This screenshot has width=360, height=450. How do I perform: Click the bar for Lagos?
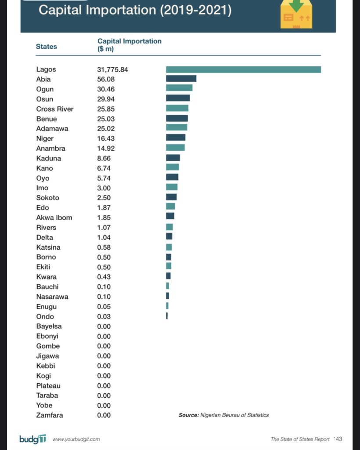pos(243,69)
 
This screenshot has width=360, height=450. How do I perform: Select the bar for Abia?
pos(181,79)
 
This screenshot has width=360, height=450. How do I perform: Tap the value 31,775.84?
pos(112,69)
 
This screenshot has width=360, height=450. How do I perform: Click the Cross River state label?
pos(55,109)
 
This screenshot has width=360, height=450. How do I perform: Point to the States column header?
pos(47,46)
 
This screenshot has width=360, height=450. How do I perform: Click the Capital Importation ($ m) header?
pos(129,45)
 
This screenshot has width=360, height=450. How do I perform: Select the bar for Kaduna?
pos(173,158)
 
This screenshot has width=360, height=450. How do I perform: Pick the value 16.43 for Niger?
pos(106,138)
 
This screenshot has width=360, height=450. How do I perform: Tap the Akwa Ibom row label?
pos(54,218)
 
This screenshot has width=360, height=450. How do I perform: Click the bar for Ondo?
pos(167,316)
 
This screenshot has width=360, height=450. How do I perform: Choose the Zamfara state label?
pos(50,415)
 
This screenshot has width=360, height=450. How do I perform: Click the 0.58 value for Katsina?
pos(104,247)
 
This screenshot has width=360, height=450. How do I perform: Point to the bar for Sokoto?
pos(171,197)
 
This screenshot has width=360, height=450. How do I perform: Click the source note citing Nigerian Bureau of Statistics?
pos(223,415)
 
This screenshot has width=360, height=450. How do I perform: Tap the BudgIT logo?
pos(32,439)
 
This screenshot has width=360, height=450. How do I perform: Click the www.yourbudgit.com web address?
pos(76,439)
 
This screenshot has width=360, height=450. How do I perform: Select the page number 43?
pos(338,439)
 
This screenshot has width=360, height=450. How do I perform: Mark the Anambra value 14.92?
pos(106,149)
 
